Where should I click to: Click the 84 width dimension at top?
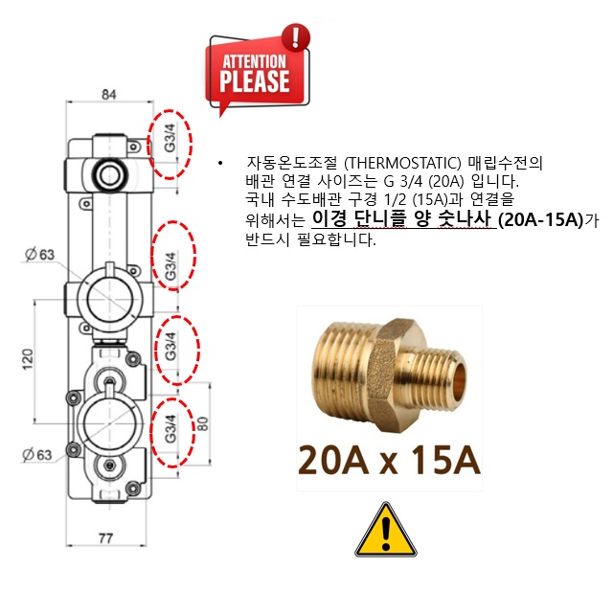tap(109, 95)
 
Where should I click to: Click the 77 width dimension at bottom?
tap(106, 538)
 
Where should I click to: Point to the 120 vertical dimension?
tap(28, 360)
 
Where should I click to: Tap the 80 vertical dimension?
tap(202, 423)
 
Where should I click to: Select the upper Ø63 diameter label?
tap(40, 255)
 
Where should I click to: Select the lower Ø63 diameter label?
tap(37, 455)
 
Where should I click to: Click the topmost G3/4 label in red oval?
tap(170, 138)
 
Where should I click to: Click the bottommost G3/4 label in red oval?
tap(170, 429)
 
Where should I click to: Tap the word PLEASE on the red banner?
tap(255, 80)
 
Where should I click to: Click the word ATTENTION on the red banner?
tap(255, 61)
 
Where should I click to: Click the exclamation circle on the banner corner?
tap(296, 37)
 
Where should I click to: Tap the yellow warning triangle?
tap(386, 530)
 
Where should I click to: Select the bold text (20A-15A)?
tap(540, 219)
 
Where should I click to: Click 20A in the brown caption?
tap(332, 460)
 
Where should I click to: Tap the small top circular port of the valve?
tap(108, 174)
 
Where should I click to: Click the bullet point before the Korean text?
tap(221, 163)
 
